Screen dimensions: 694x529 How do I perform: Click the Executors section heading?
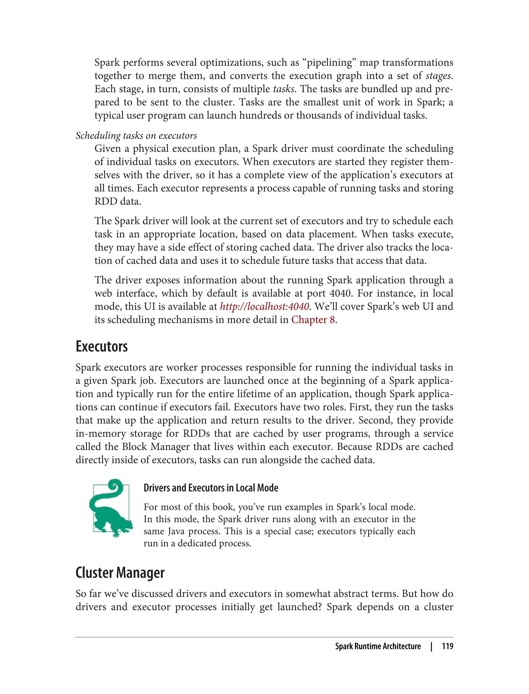click(102, 346)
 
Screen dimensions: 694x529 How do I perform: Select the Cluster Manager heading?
click(120, 572)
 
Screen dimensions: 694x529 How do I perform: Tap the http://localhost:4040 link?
click(264, 306)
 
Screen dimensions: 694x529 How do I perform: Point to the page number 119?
click(447, 646)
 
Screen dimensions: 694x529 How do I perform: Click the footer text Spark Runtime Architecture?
click(378, 646)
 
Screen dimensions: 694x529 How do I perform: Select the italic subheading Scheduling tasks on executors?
click(136, 135)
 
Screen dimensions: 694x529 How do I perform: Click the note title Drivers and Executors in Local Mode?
click(211, 488)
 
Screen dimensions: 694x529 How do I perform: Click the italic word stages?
click(439, 76)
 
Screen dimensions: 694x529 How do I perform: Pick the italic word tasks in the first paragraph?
click(283, 89)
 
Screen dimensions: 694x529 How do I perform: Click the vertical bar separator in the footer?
click(431, 646)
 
